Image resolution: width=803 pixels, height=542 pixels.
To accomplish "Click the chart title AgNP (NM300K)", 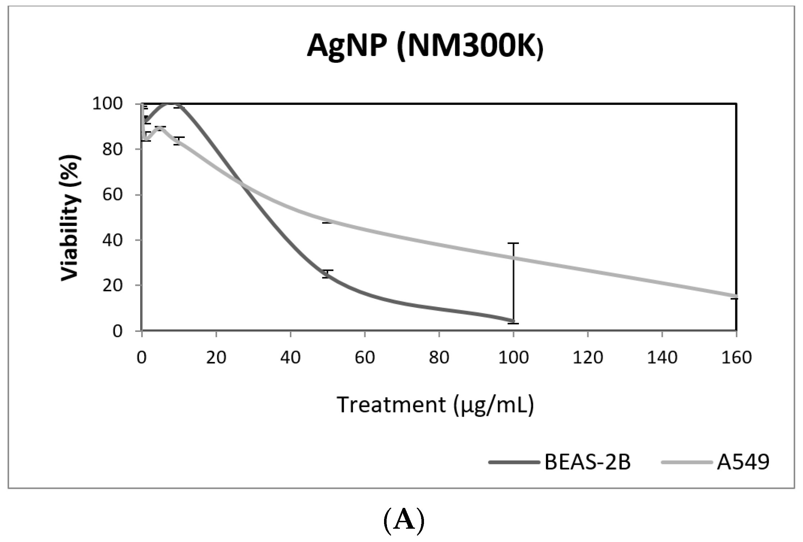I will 425,46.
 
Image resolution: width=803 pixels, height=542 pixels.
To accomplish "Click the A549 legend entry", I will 743,462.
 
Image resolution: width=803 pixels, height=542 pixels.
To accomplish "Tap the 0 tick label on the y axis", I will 117,331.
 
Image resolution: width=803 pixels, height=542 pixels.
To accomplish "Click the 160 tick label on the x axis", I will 736,358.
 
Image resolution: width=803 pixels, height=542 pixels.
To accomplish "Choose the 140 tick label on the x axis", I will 662,358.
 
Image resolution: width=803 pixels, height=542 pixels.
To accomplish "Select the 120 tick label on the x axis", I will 588,358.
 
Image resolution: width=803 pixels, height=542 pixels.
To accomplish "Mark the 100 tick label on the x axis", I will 514,358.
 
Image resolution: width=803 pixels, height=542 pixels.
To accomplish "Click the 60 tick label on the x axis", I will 365,358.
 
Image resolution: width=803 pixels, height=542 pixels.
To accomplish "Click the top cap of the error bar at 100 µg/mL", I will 514,244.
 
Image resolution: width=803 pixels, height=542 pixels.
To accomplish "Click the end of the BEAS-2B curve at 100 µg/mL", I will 513,320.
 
